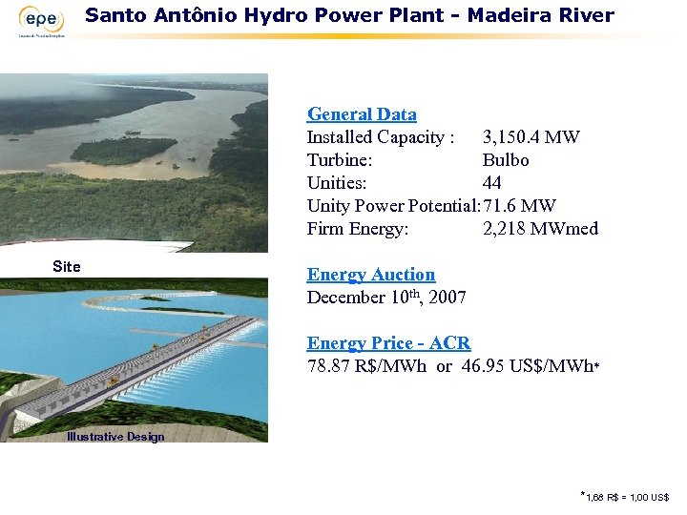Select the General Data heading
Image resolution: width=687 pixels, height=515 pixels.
pyautogui.click(x=362, y=114)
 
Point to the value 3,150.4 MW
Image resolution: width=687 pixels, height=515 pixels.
pyautogui.click(x=531, y=137)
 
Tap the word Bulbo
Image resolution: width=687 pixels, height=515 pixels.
pyautogui.click(x=506, y=160)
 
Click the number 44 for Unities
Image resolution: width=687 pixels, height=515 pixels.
pyautogui.click(x=492, y=183)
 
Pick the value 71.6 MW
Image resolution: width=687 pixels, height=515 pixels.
pyautogui.click(x=520, y=206)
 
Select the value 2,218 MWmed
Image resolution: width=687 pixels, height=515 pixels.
pyautogui.click(x=540, y=229)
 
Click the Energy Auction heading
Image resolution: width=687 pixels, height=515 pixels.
pyautogui.click(x=370, y=275)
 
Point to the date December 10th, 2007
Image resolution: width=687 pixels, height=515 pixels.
pyautogui.click(x=386, y=298)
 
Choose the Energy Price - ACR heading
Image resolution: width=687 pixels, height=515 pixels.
pyautogui.click(x=388, y=343)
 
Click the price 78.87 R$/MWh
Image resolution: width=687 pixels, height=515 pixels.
pyautogui.click(x=366, y=366)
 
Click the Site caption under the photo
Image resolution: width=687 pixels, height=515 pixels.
pyautogui.click(x=67, y=267)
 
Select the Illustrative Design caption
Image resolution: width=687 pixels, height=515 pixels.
pyautogui.click(x=114, y=437)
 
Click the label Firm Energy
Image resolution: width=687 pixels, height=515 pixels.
pyautogui.click(x=358, y=229)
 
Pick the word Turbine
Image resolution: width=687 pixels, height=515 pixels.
pyautogui.click(x=339, y=160)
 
